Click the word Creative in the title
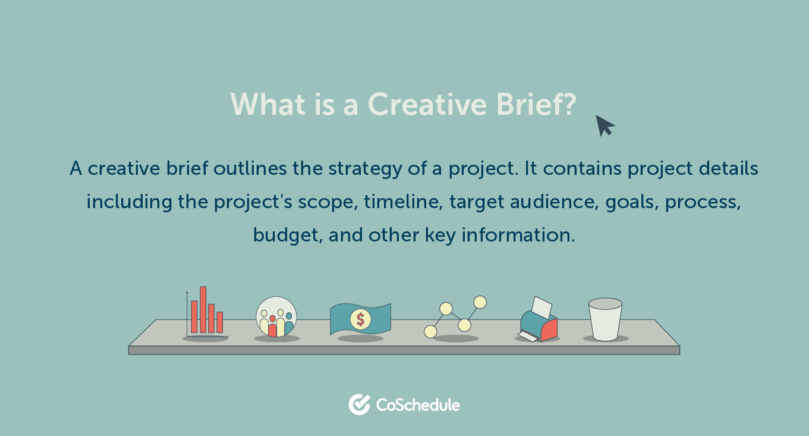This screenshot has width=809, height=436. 427,104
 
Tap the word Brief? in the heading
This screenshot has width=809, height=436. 536,104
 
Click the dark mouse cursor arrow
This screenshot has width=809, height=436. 605,126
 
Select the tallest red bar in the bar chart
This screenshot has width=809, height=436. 203,309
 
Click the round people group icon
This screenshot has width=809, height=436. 276,316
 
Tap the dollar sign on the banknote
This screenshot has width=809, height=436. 360,319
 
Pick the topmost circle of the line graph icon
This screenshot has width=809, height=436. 480,302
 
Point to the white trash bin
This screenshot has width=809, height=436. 605,319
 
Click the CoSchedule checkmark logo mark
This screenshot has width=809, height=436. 359,404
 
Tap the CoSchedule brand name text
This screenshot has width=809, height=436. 418,405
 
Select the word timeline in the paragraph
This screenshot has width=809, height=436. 403,202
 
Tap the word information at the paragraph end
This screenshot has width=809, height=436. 518,235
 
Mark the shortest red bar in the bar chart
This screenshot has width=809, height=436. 219,322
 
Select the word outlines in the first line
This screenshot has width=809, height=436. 250,168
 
